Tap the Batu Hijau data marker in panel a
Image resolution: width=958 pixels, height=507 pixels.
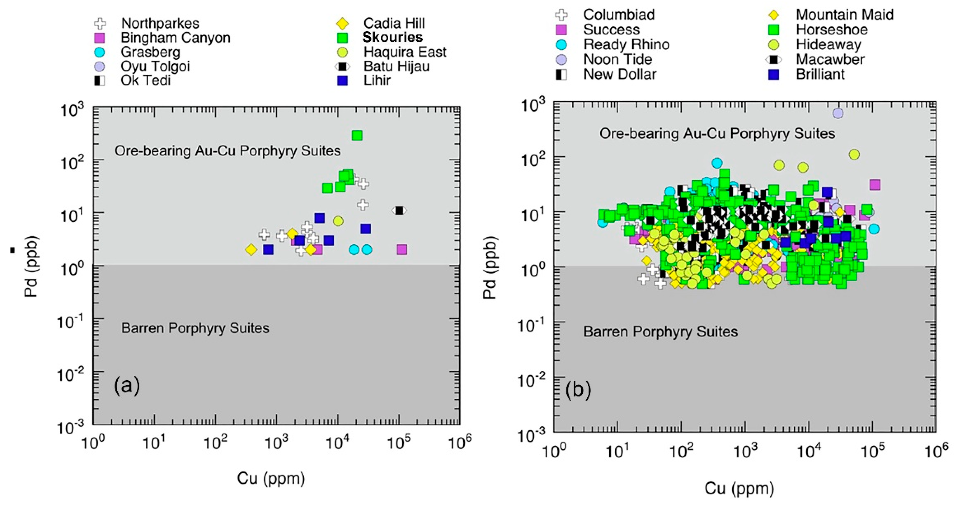click(399, 210)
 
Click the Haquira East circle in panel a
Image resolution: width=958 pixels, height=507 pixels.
click(338, 221)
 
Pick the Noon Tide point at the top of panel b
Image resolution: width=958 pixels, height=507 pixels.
click(838, 113)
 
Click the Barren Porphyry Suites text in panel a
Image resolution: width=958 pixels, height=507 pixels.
click(195, 328)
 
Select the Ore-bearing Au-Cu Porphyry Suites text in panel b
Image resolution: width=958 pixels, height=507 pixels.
click(717, 133)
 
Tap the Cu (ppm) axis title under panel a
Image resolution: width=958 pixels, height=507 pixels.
click(271, 478)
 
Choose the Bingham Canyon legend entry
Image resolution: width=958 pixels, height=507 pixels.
click(175, 38)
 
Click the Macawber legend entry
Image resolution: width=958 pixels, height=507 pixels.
click(830, 59)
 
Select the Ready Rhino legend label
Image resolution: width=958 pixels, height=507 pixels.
click(626, 45)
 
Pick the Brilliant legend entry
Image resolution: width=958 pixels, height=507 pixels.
click(820, 74)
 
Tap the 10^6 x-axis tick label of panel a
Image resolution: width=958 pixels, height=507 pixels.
click(460, 443)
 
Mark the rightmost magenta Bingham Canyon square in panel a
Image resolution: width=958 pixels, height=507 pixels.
click(402, 249)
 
